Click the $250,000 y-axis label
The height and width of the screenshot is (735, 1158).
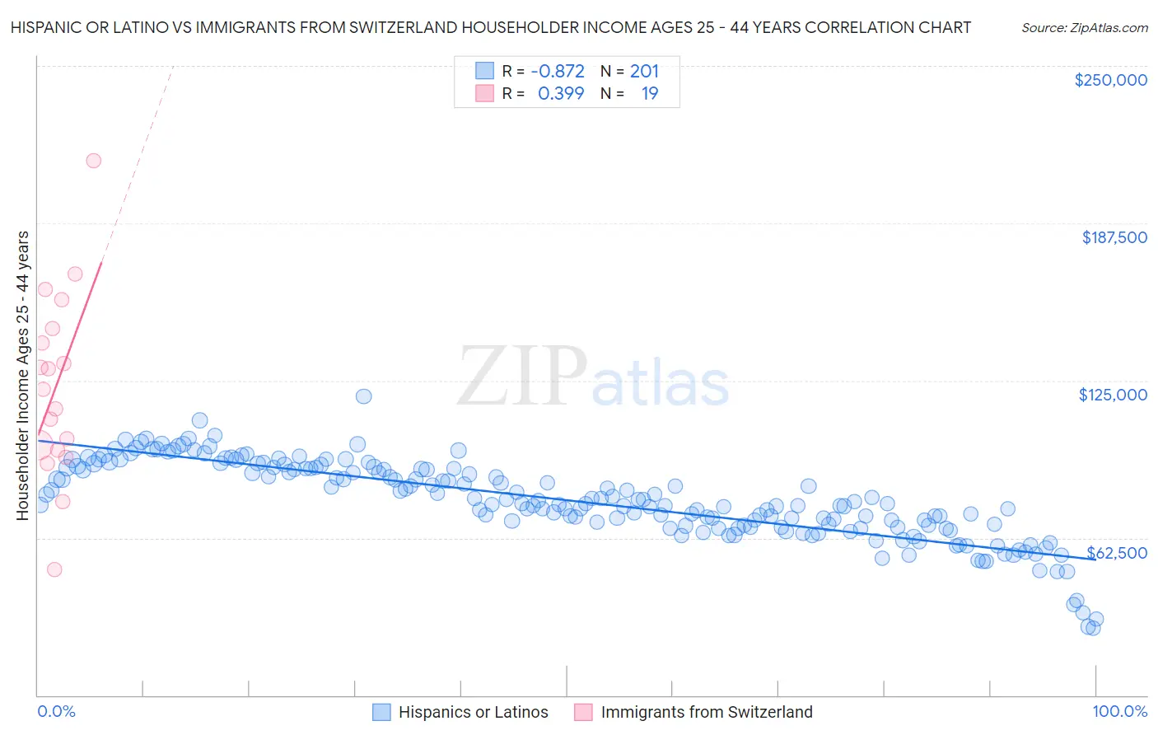(x=1110, y=80)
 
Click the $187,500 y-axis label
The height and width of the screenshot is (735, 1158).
(x=1114, y=237)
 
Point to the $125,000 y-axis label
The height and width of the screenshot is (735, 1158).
(x=1113, y=395)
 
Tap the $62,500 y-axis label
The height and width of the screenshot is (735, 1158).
(x=1117, y=553)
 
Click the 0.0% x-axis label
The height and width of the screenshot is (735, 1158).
(x=56, y=711)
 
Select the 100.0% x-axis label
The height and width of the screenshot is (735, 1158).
(x=1120, y=711)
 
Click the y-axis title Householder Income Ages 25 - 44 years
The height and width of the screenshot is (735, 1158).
(x=22, y=376)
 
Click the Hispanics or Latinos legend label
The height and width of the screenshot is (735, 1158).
(x=473, y=712)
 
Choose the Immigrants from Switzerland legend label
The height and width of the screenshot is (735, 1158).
(x=707, y=712)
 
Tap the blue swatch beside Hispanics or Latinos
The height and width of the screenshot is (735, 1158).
(x=381, y=712)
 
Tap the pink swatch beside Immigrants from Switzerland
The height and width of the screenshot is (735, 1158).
(x=583, y=712)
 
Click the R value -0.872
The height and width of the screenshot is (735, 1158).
(x=558, y=72)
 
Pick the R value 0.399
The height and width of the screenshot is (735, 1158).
(x=561, y=94)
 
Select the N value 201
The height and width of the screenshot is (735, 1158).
(x=644, y=72)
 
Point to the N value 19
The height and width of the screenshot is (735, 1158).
(x=650, y=94)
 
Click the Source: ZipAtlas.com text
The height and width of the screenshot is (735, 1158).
(x=1085, y=27)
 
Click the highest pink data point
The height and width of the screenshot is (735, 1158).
(x=94, y=161)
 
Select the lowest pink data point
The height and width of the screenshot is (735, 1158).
(x=54, y=569)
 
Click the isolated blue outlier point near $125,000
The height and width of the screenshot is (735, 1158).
(x=363, y=396)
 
